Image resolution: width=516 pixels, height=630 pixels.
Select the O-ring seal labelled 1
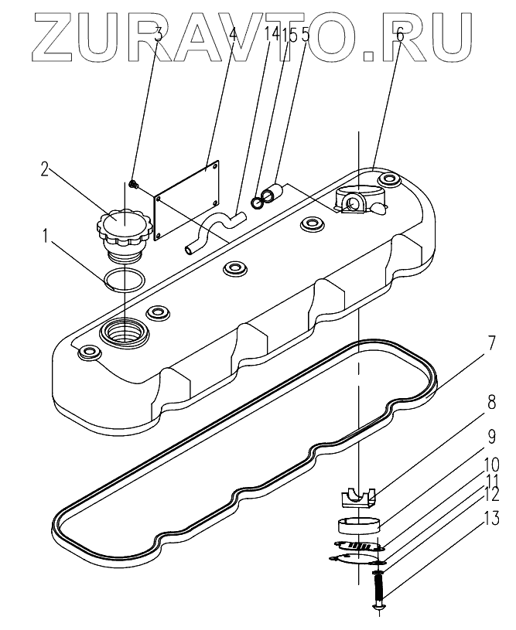point(121,278)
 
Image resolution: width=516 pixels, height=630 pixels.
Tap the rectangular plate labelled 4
point(186,202)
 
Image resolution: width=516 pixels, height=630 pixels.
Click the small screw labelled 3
point(132,184)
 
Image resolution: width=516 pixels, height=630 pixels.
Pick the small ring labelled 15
point(258,203)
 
